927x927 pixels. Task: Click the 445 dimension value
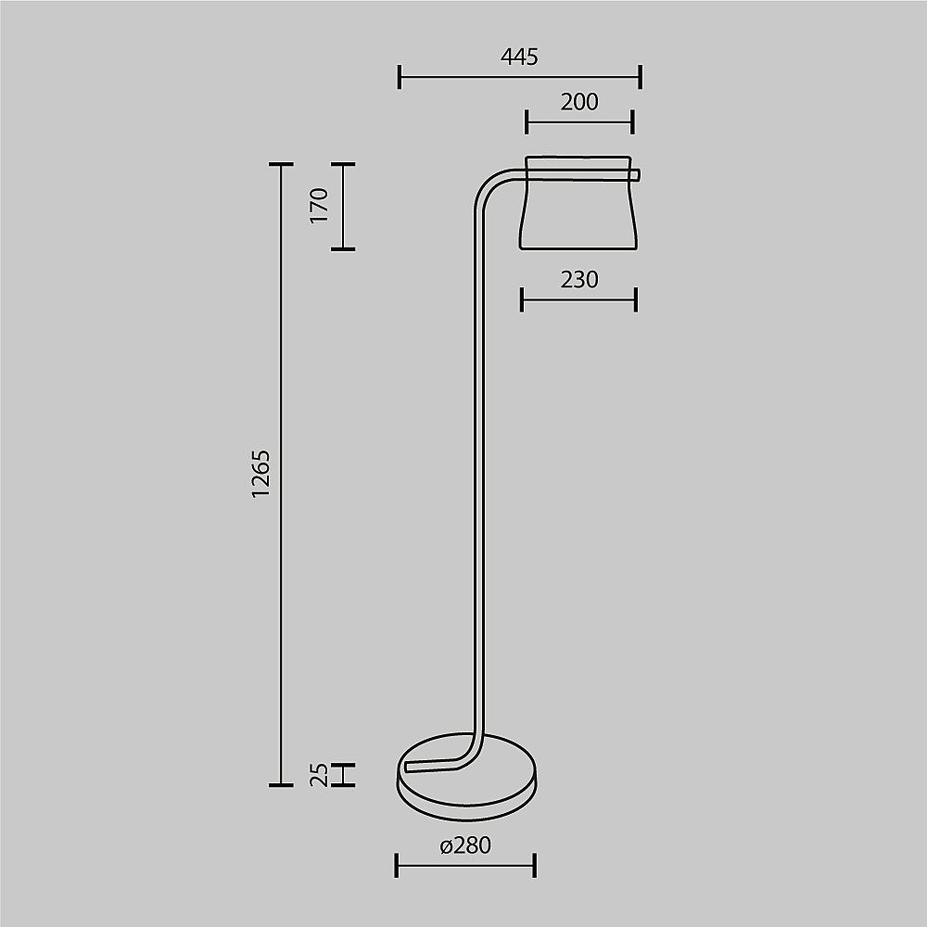pyautogui.click(x=519, y=57)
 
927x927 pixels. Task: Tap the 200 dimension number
pyautogui.click(x=579, y=102)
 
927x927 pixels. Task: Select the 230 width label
pyautogui.click(x=579, y=280)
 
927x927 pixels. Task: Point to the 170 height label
pyautogui.click(x=319, y=205)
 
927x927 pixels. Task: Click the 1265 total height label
pyautogui.click(x=260, y=474)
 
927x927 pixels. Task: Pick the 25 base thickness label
pyautogui.click(x=319, y=774)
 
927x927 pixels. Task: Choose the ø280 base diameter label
pyautogui.click(x=466, y=845)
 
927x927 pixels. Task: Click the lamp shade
pyautogui.click(x=578, y=202)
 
